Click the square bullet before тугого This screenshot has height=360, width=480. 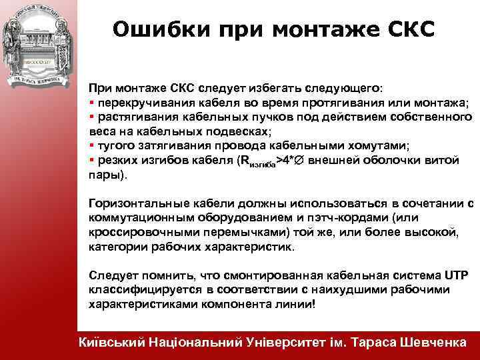(91, 145)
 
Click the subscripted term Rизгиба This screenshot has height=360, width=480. (257, 161)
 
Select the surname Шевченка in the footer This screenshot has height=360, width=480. (433, 342)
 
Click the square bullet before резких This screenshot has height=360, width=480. (91, 160)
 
